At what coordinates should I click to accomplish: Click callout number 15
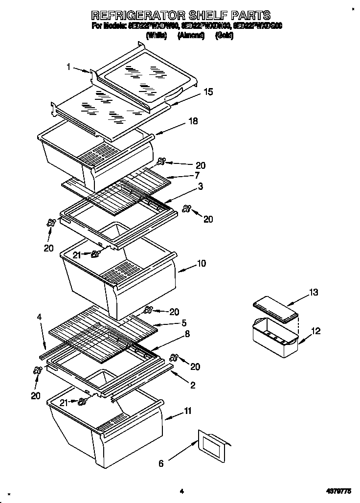coord(208,91)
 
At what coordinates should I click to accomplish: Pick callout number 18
coord(193,121)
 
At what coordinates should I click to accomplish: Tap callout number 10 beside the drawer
coord(201,264)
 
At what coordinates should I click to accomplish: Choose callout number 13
coord(313,293)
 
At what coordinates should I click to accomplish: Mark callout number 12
coord(315,331)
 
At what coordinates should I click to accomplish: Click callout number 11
coord(187,411)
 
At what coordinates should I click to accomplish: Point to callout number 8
coord(187,335)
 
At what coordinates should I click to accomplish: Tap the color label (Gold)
coord(224,36)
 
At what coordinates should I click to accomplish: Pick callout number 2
coord(193,386)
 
